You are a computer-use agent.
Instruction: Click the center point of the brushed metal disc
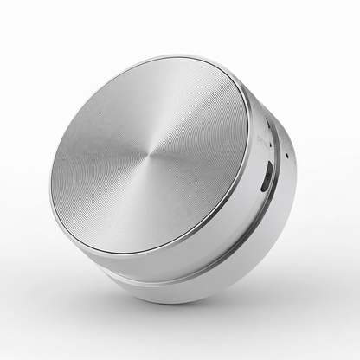click(150, 154)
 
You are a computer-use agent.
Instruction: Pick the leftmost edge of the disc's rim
click(50, 173)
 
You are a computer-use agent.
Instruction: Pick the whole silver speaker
click(173, 182)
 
